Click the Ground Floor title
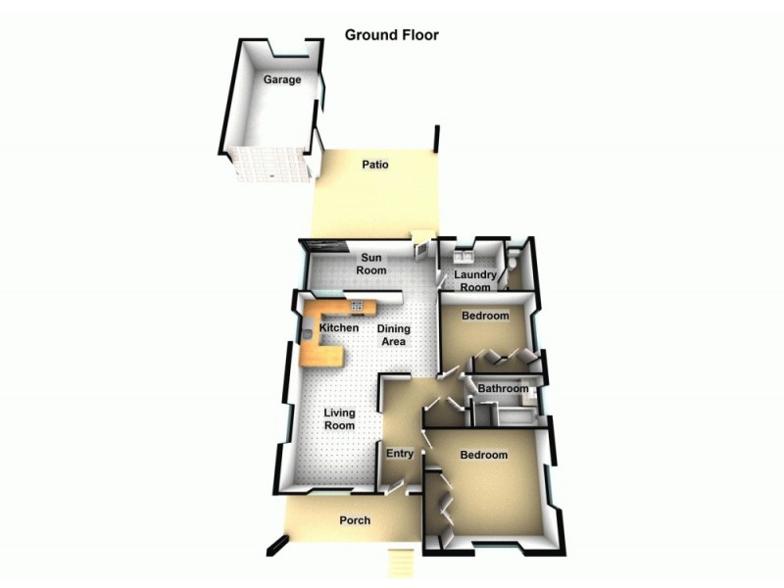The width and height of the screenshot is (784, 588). coord(391,35)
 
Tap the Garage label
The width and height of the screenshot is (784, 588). coord(280,80)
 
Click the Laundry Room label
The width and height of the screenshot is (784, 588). coord(475,281)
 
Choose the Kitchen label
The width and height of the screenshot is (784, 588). coord(339,327)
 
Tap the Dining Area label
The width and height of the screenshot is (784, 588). coord(393,335)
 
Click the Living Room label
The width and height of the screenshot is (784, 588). coord(339,419)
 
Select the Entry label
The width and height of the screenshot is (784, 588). coord(400,453)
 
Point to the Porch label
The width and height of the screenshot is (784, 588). coord(354,520)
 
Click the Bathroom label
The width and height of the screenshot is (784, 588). coord(503,389)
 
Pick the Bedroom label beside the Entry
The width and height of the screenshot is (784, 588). coord(484,456)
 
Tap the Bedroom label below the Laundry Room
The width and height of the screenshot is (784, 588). coord(485,316)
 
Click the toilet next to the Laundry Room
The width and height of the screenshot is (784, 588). coord(514,260)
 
